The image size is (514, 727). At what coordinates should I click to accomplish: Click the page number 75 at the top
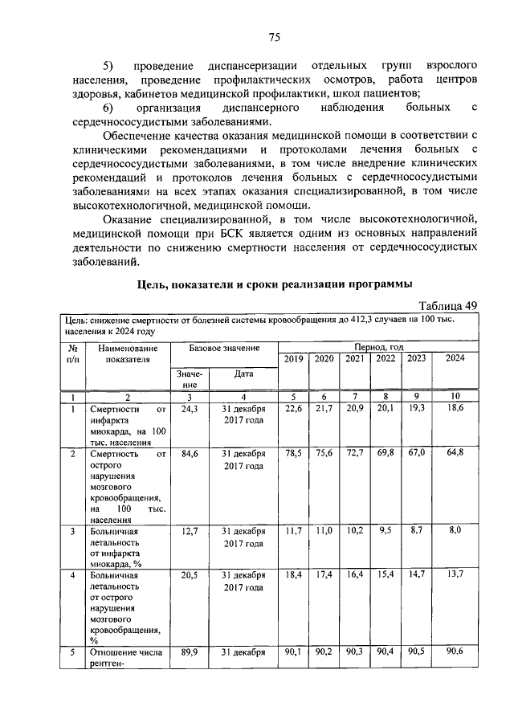point(274,37)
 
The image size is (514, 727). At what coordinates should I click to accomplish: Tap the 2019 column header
point(293,359)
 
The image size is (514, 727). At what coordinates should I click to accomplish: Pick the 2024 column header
point(455,359)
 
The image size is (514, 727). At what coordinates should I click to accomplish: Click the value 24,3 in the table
point(190,409)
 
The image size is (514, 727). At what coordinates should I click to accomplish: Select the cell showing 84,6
point(190,454)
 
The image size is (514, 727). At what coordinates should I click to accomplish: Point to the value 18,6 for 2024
point(455,409)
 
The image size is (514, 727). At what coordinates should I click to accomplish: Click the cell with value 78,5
point(293,454)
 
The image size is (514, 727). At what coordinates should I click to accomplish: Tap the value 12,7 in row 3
point(190,532)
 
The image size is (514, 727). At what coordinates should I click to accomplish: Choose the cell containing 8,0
point(455,532)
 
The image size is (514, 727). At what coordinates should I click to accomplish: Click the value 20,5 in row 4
point(190,575)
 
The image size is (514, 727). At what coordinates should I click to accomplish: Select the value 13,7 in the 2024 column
point(455,575)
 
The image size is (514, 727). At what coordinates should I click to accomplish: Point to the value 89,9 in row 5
point(190,652)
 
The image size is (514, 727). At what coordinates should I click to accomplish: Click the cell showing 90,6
point(455,652)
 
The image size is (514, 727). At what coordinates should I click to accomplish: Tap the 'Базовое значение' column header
point(224,349)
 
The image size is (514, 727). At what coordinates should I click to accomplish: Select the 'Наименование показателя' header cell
point(128,354)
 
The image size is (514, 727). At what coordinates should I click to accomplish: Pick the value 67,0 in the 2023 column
point(416,454)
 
